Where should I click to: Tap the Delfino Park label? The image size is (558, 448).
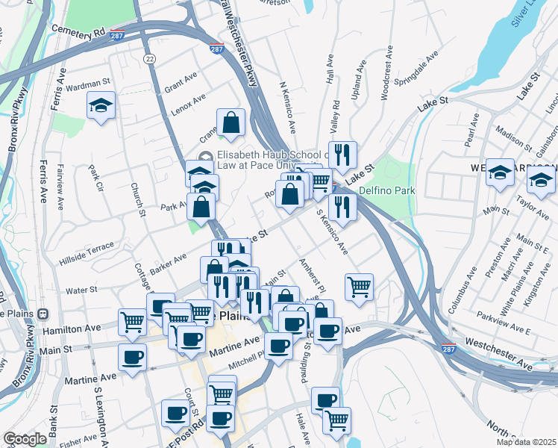click(x=386, y=190)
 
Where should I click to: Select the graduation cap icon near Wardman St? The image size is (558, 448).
click(x=101, y=106)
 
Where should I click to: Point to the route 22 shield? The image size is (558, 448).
click(x=150, y=59)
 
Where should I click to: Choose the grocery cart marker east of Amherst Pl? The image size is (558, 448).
click(x=360, y=287)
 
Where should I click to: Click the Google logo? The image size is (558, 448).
click(x=25, y=439)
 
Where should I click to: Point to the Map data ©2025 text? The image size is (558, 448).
click(x=527, y=442)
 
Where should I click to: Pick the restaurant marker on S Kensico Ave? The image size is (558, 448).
click(x=342, y=207)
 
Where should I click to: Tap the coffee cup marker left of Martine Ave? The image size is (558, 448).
click(x=132, y=355)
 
